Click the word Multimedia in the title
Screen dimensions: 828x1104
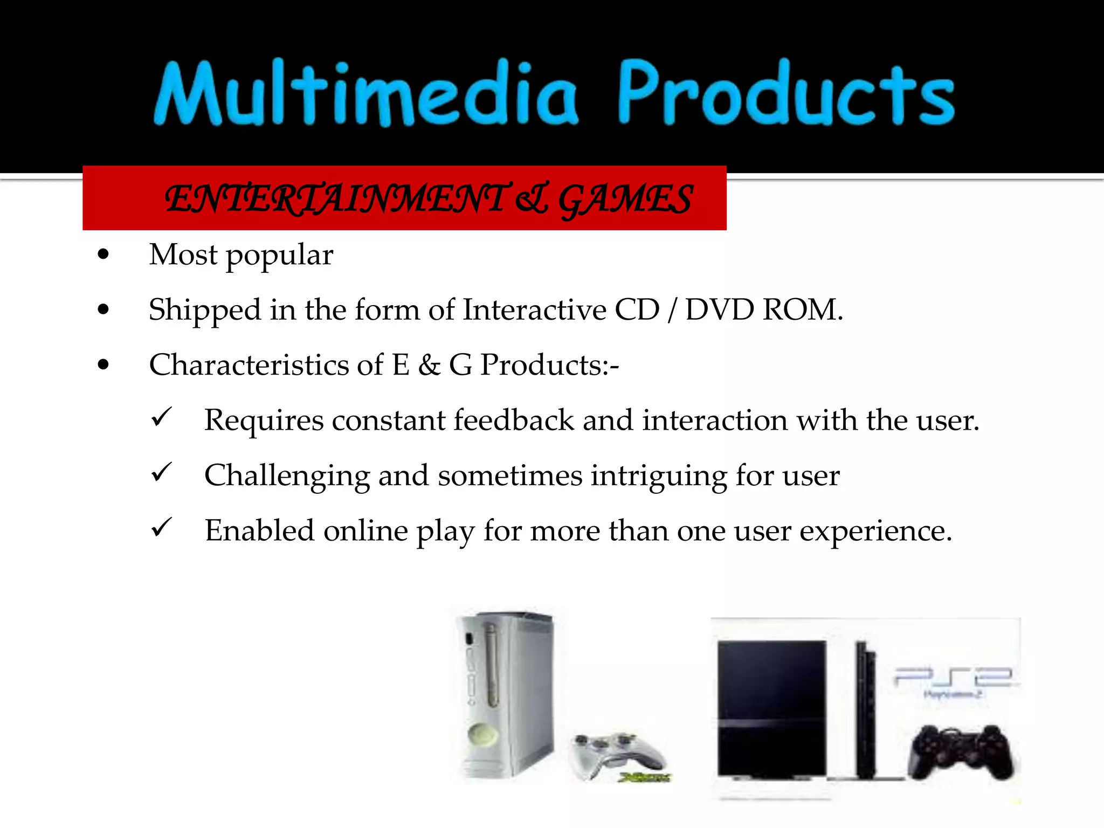367,94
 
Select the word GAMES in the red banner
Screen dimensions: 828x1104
625,199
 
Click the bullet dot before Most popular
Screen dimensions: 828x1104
103,255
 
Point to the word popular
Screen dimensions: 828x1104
279,256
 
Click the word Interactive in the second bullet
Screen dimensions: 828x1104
534,310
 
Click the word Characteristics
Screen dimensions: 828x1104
249,365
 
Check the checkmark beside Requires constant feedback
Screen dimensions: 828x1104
161,417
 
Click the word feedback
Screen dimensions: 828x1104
513,420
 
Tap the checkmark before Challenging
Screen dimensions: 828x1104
161,472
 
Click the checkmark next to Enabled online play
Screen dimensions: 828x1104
161,528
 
